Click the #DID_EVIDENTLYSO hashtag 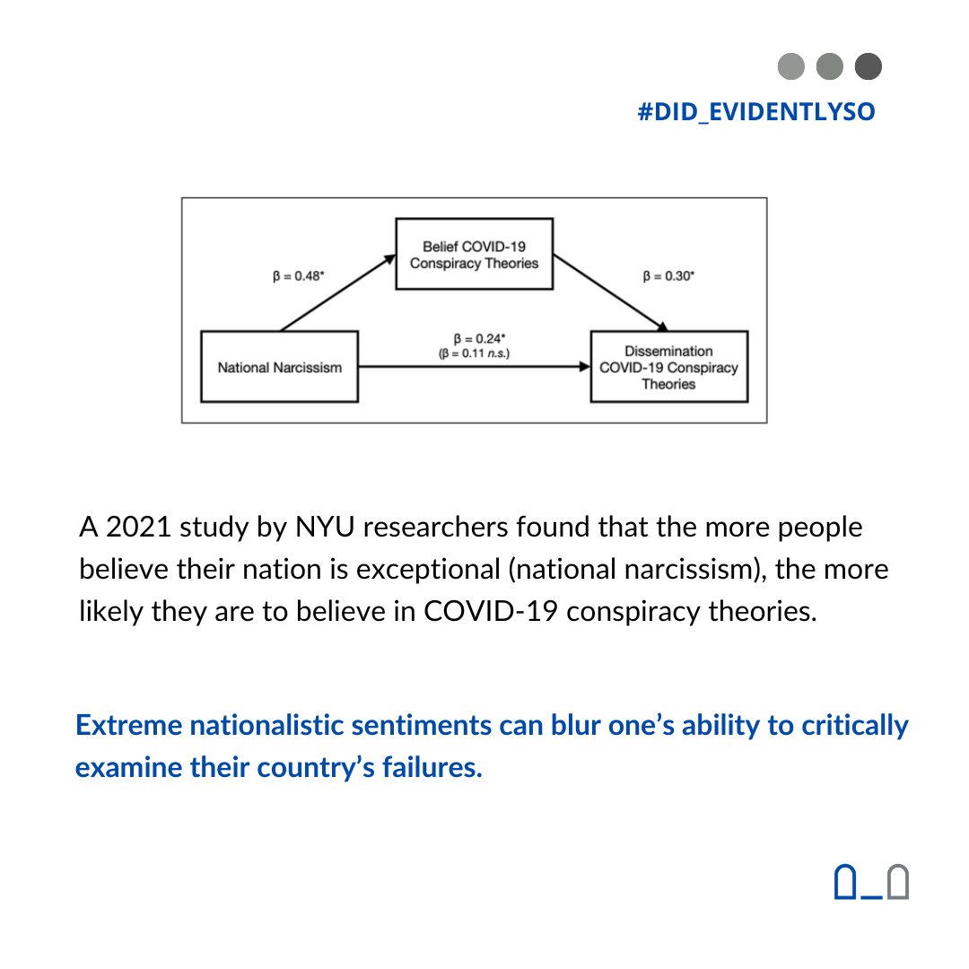(755, 113)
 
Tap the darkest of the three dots (869, 66)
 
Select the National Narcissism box (279, 367)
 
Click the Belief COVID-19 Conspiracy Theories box (474, 254)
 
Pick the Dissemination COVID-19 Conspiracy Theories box (668, 367)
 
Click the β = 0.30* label (668, 277)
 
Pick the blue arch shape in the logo (845, 882)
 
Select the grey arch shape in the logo (897, 882)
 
